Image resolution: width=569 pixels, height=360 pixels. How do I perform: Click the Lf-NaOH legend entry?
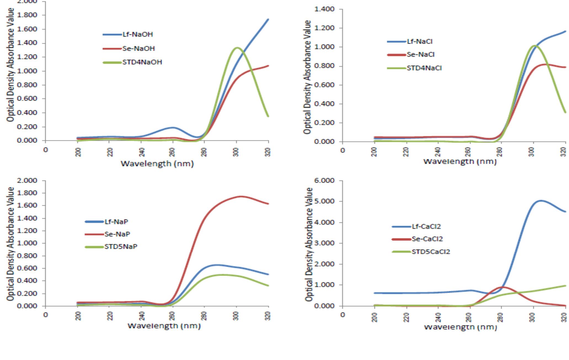137,34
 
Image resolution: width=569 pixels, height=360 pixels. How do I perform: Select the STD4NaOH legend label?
142,62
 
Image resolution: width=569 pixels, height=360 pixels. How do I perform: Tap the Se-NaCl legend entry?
420,55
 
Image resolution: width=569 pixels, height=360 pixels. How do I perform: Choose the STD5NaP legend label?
121,246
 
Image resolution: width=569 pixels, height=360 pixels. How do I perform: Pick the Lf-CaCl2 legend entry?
426,227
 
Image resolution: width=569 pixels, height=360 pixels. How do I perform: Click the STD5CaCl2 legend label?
431,252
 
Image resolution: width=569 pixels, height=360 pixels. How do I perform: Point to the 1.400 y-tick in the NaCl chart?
324,9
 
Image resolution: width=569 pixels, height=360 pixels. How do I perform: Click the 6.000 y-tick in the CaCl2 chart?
324,181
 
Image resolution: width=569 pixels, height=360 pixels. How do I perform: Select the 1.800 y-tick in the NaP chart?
27,193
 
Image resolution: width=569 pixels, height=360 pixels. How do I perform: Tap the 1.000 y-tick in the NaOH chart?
27,71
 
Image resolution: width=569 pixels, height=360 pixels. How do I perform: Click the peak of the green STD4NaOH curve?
237,48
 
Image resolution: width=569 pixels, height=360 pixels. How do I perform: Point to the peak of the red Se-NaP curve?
241,197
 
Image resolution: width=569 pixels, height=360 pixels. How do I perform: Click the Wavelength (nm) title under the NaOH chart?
157,163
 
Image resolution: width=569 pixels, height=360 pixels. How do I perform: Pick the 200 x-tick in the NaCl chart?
375,152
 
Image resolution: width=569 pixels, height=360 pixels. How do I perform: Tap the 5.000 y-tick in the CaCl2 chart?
324,202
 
